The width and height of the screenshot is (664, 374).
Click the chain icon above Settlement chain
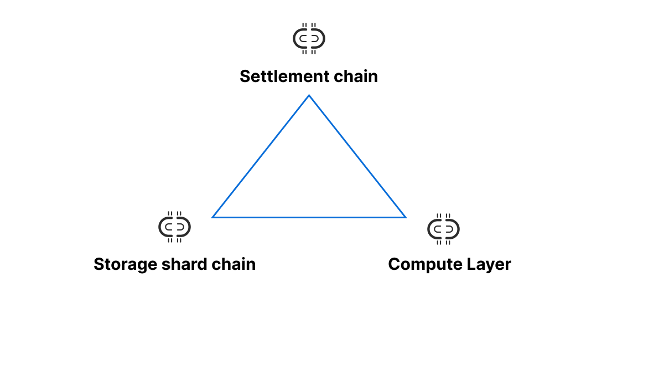[309, 38]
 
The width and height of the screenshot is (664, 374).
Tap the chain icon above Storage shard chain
[175, 227]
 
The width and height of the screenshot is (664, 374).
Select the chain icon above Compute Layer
[444, 229]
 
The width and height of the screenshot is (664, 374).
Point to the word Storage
[118, 264]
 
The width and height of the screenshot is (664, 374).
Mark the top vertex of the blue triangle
[309, 95]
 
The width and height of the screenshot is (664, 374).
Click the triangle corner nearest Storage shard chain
[213, 217]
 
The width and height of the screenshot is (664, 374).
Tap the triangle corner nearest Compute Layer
[405, 217]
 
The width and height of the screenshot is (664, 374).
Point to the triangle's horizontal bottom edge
[309, 217]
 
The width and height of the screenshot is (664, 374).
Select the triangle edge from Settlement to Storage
[261, 156]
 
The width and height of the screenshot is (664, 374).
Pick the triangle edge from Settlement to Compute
[357, 156]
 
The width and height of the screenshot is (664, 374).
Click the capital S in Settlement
[245, 76]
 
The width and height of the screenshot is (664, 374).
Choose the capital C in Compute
[394, 264]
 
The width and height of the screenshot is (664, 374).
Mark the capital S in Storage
[99, 264]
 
